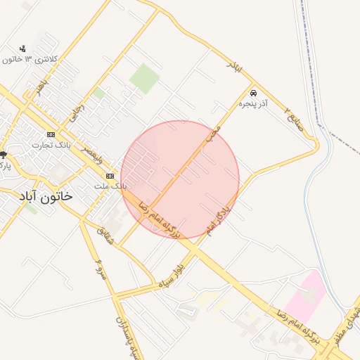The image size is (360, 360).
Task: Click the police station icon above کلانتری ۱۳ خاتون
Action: (24, 49)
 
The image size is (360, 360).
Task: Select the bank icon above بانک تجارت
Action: (51, 134)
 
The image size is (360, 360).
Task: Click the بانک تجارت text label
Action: (48, 145)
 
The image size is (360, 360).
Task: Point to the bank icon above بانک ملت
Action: (110, 176)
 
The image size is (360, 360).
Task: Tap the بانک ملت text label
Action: (110, 186)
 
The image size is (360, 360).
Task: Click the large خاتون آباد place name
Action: (46, 198)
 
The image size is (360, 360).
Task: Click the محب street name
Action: (214, 133)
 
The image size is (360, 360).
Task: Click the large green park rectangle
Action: (145, 78)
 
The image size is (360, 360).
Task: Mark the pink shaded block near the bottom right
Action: (306, 296)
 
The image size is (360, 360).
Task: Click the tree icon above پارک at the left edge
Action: (3, 155)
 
